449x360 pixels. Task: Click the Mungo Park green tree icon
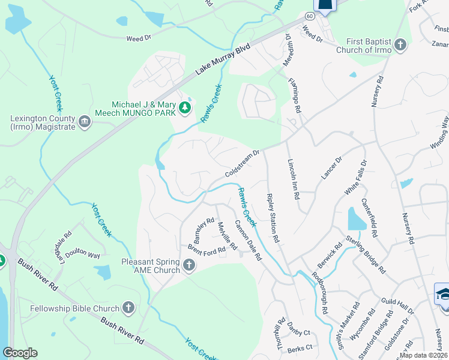pyautogui.click(x=185, y=109)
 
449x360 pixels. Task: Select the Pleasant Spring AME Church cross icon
pyautogui.click(x=189, y=265)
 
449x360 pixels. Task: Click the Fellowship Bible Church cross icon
pyautogui.click(x=128, y=308)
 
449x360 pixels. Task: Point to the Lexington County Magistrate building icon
pyautogui.click(x=85, y=122)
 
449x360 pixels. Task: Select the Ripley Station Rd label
pyautogui.click(x=272, y=218)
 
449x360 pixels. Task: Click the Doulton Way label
pyautogui.click(x=83, y=254)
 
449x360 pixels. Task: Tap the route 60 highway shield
pyautogui.click(x=309, y=16)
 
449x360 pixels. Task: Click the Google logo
pyautogui.click(x=20, y=353)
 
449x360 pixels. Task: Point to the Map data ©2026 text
pyautogui.click(x=423, y=355)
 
